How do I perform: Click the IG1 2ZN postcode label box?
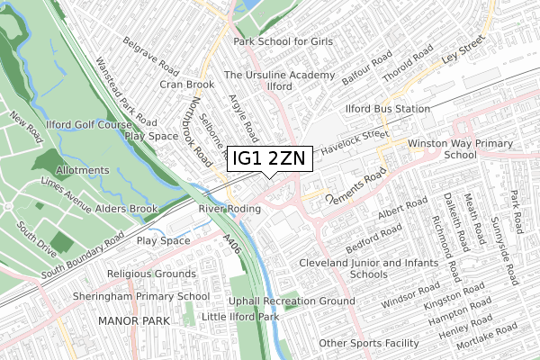pos(269,158)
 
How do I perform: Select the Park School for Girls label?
pos(283,42)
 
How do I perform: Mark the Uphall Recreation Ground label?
pos(291,301)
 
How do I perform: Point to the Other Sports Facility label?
pos(369,343)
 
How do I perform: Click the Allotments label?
pos(83,169)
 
